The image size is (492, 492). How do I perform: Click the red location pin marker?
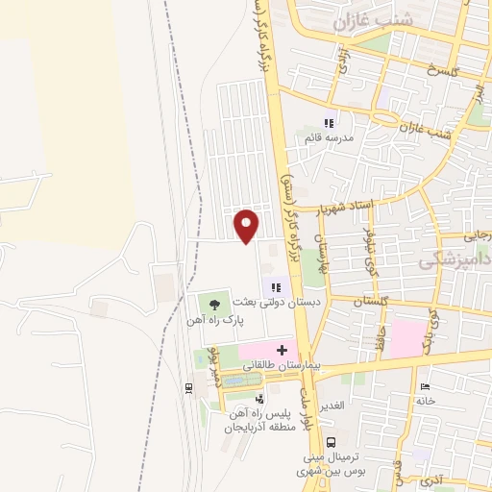pyautogui.click(x=247, y=225)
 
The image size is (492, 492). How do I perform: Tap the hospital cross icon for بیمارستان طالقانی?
pyautogui.click(x=282, y=349)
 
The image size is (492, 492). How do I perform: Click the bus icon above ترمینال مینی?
pyautogui.click(x=332, y=442)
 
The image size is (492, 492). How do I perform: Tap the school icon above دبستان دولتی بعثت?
pyautogui.click(x=277, y=285)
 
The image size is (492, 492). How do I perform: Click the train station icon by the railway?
pyautogui.click(x=188, y=388)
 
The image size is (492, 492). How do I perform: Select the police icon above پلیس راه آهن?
pyautogui.click(x=258, y=399)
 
